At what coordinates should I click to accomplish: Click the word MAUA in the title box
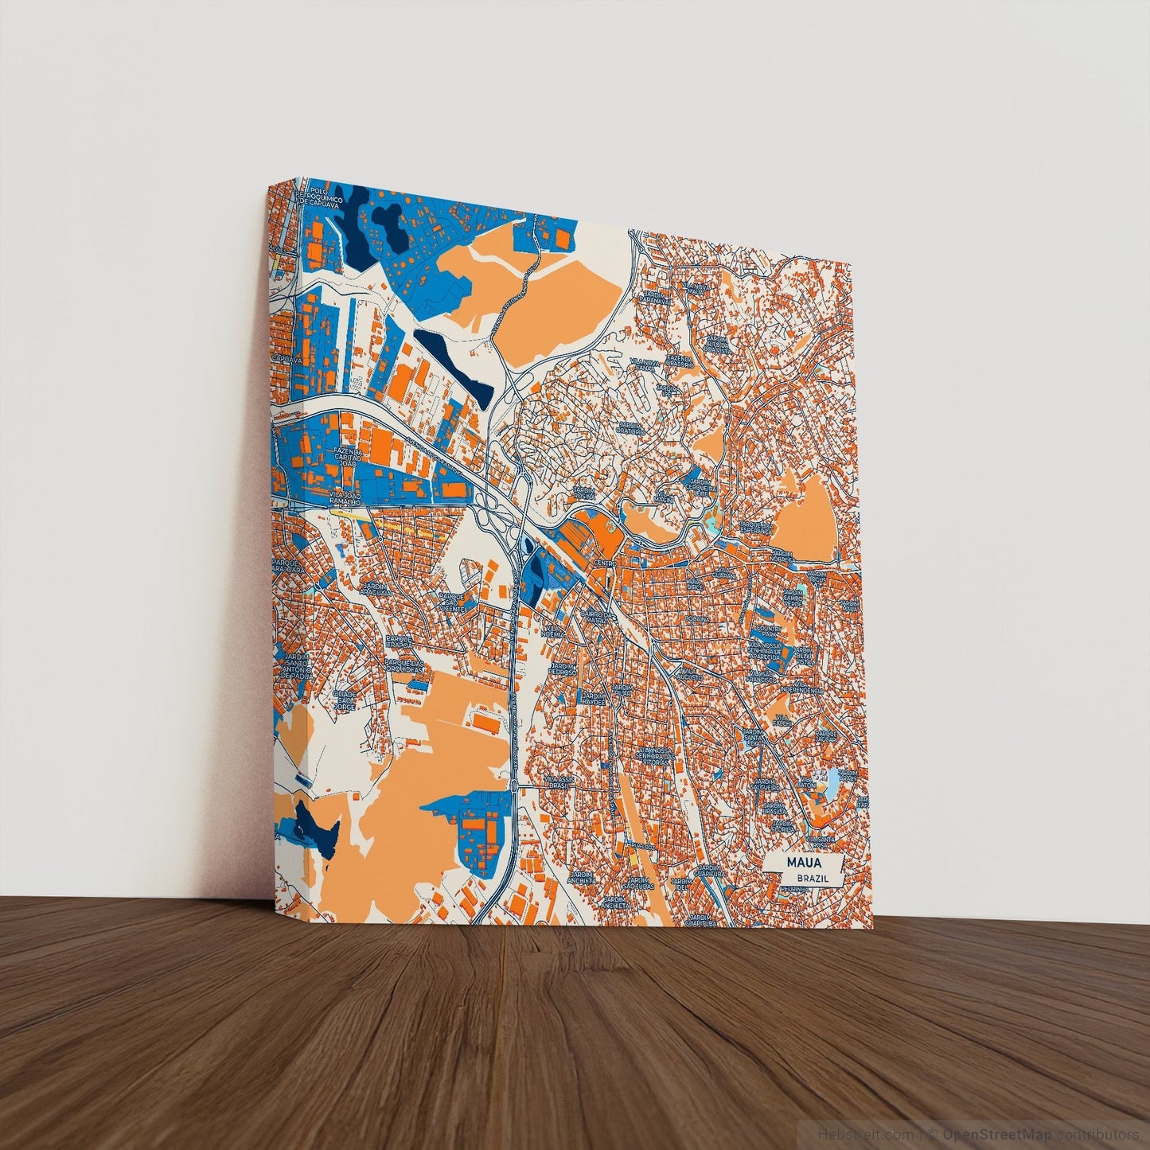tap(802, 863)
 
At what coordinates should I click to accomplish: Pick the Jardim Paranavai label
tap(657, 298)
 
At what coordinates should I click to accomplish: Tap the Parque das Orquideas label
tap(405, 665)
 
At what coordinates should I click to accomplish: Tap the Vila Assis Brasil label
tap(562, 782)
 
